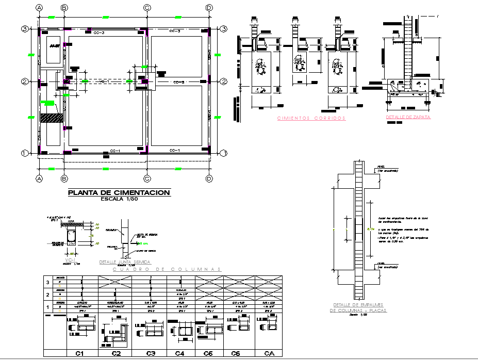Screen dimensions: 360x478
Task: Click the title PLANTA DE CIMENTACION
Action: tap(119, 192)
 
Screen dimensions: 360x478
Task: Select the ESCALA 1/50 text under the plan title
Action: tap(119, 199)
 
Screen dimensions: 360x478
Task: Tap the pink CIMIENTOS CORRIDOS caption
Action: tap(311, 118)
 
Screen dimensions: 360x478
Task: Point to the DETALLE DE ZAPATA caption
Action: tap(408, 117)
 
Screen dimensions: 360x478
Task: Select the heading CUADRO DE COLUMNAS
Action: tap(167, 269)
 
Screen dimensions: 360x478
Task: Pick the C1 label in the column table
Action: tap(80, 354)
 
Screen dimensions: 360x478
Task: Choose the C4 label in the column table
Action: tap(179, 354)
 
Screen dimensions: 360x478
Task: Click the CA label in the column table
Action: tap(269, 354)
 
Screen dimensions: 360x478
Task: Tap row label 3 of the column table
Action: tap(47, 282)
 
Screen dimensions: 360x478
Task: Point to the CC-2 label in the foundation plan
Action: tap(179, 82)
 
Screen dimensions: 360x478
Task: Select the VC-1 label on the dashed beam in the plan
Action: tap(105, 82)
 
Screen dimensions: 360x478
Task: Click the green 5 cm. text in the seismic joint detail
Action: tap(146, 242)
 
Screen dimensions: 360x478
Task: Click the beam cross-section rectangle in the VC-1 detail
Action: tap(72, 237)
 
